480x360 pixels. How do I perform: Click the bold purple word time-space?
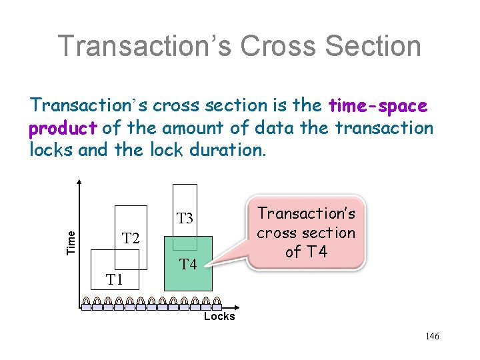[x=379, y=105]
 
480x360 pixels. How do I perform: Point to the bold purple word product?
[x=63, y=127]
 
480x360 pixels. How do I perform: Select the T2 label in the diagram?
[x=131, y=238]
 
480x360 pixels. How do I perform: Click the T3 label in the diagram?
[x=185, y=218]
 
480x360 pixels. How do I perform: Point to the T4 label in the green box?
[x=188, y=265]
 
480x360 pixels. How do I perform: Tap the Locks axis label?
[x=219, y=317]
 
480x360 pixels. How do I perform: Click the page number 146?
[x=432, y=336]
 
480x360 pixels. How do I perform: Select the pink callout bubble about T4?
[x=306, y=233]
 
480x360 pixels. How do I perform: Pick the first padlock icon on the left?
[x=86, y=304]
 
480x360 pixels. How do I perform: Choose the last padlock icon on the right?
[x=216, y=304]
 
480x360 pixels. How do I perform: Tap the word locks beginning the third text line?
[x=51, y=149]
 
